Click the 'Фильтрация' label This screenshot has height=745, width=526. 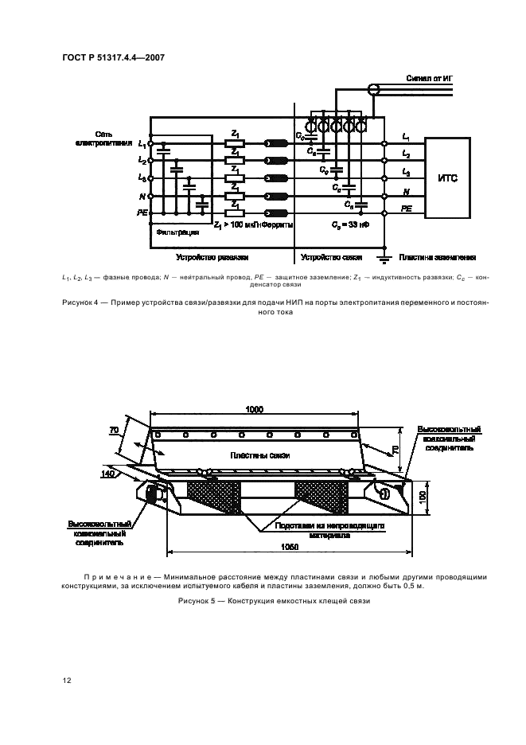172,233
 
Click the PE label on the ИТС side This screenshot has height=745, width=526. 406,208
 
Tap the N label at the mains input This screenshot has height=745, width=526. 141,195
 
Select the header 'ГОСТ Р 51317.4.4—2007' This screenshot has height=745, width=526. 107,58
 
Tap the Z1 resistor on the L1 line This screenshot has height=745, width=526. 235,144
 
